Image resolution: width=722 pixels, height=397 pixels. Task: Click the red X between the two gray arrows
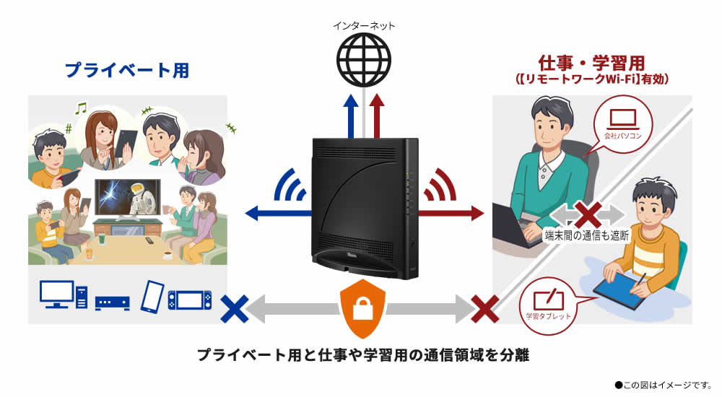[x=588, y=214]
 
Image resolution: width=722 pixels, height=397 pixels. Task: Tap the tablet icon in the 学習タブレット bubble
[x=548, y=299]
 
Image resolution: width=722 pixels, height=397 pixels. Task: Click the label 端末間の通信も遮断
[x=588, y=235]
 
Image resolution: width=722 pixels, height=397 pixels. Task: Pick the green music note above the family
[x=81, y=108]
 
